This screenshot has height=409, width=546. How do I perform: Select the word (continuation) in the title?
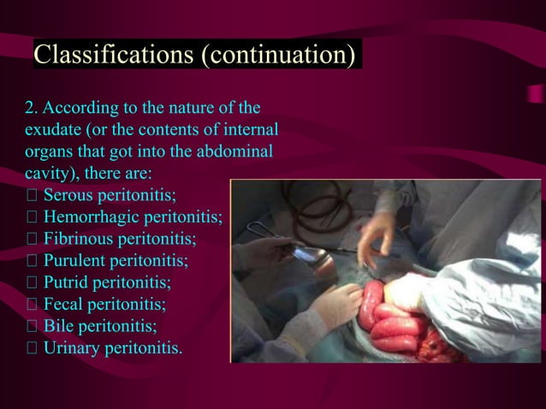[276, 55]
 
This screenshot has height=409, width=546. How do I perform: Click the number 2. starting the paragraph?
[32, 110]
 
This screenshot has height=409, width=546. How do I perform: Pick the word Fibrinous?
[81, 239]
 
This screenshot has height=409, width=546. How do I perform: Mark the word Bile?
[59, 326]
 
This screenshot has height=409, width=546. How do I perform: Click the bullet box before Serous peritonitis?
[32, 196]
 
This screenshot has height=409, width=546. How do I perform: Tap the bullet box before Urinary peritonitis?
[32, 348]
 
